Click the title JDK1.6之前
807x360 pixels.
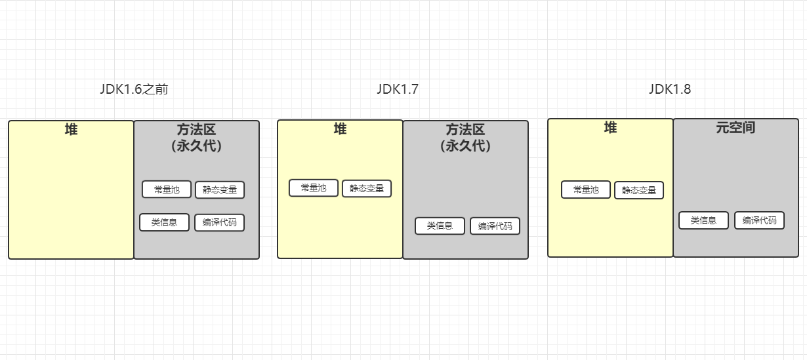(134, 90)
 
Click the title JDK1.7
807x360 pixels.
(398, 90)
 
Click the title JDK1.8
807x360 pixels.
(670, 90)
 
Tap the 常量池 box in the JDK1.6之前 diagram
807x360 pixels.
(167, 190)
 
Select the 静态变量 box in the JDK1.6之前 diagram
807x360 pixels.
(220, 190)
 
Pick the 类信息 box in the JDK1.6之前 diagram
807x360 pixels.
(164, 222)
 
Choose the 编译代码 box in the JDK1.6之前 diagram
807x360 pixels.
(219, 222)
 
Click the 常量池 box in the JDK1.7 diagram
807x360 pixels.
(314, 188)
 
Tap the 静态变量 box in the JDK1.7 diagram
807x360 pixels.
(367, 188)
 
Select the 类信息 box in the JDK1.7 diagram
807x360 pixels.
(440, 226)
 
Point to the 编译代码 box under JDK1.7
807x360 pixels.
(495, 226)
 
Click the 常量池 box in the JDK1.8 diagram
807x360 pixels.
(586, 190)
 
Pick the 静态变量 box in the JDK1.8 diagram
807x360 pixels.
(639, 190)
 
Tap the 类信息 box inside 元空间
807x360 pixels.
(703, 220)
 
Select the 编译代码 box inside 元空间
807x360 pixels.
(759, 220)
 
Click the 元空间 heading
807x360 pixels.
(735, 128)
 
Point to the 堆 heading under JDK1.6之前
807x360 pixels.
(71, 130)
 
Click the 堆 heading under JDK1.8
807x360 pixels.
(610, 128)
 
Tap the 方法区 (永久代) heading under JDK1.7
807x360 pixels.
(465, 137)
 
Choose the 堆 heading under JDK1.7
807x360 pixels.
(340, 129)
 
